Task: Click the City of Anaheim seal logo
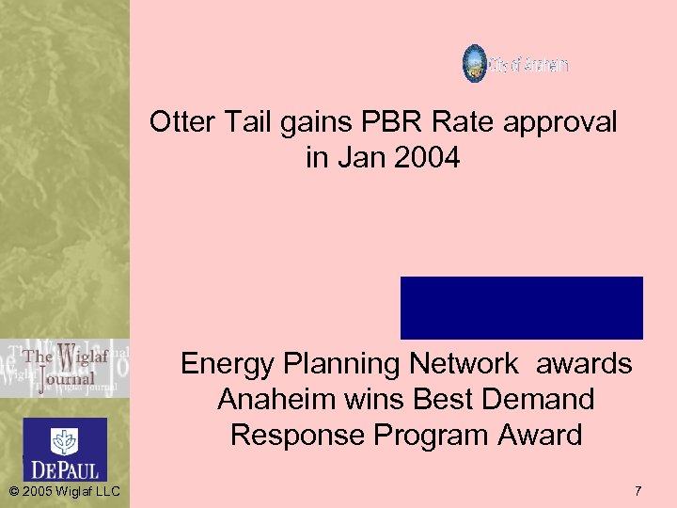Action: click(475, 64)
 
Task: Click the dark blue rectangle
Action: click(521, 308)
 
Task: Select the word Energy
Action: click(229, 364)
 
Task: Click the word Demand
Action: click(542, 400)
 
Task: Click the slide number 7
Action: click(638, 491)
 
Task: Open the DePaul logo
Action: click(64, 449)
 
